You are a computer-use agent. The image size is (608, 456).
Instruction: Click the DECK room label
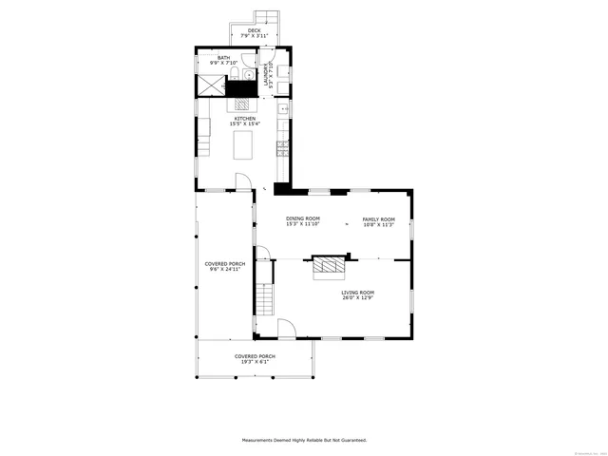point(254,30)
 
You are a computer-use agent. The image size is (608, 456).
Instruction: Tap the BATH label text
point(223,57)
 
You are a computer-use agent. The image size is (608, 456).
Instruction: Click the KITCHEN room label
point(245,118)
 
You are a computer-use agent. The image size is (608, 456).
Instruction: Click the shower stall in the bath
point(210,83)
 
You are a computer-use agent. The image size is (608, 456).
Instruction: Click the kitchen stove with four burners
point(242,105)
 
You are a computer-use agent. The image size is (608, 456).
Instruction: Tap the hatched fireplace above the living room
point(329,266)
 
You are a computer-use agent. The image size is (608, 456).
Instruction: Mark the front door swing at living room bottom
point(285,329)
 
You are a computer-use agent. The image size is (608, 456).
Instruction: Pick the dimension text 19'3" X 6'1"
point(255,361)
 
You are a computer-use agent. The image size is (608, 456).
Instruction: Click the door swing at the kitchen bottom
point(243,181)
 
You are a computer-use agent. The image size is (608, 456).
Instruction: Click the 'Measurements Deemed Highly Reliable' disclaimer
point(304,440)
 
